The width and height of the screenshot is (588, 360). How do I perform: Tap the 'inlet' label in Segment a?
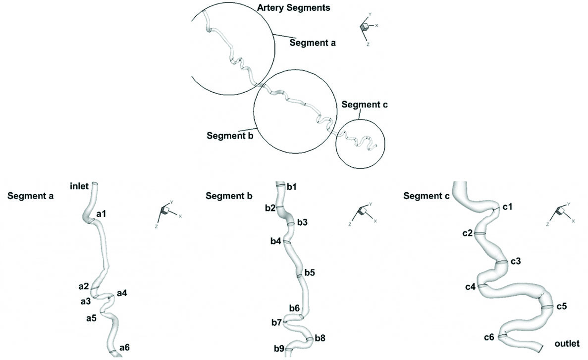(79, 187)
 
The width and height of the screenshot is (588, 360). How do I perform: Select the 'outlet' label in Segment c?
(567, 343)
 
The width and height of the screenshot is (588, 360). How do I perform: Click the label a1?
(102, 214)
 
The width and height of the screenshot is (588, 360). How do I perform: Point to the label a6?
(124, 348)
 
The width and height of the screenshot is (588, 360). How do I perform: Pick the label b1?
(292, 187)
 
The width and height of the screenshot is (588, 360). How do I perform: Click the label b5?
(310, 272)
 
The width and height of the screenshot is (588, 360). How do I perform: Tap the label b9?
(279, 349)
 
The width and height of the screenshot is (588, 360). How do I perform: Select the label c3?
(515, 260)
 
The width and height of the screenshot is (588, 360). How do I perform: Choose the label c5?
(561, 307)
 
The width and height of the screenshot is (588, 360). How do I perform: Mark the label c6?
(489, 337)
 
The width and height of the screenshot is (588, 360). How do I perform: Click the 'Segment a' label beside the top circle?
(313, 43)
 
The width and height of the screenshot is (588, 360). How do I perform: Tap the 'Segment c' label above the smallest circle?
(365, 104)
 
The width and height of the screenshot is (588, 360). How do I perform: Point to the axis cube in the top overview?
(365, 27)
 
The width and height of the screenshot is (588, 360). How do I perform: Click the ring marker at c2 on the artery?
(480, 233)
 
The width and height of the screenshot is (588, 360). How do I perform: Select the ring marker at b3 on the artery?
(291, 224)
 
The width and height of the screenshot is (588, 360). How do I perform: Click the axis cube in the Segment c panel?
(561, 211)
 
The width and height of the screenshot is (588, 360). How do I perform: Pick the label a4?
(122, 293)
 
